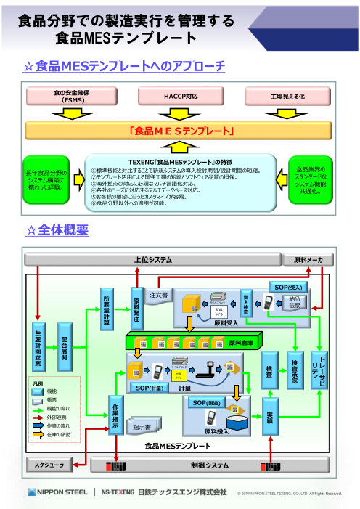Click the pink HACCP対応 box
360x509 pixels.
click(x=180, y=96)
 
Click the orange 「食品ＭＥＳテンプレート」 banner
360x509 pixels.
click(x=180, y=131)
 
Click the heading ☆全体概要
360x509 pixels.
click(x=57, y=230)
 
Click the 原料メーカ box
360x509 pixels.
click(x=313, y=260)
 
